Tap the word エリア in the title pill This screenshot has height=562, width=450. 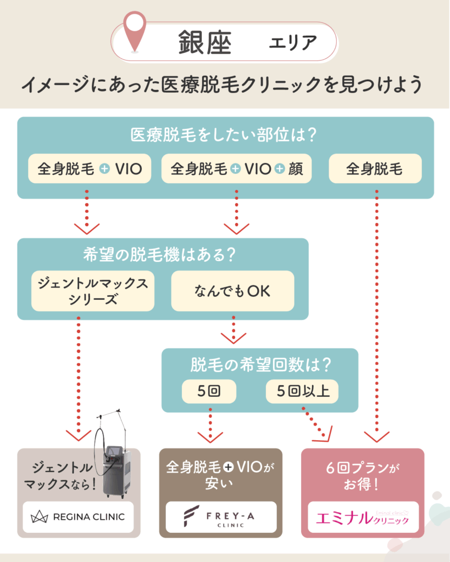pos(293,42)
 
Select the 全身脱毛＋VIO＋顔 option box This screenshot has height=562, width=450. pos(236,168)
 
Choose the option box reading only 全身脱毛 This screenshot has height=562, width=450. pos(375,168)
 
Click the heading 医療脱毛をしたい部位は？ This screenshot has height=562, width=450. pos(225,135)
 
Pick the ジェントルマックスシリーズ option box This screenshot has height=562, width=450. pos(93,291)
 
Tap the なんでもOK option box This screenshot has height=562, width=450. pos(232,291)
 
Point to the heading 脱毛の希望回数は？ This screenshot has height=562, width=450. pos(260,364)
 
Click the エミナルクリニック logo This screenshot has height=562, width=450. pos(363,516)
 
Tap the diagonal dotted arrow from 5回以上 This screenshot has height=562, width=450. pos(316,424)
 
